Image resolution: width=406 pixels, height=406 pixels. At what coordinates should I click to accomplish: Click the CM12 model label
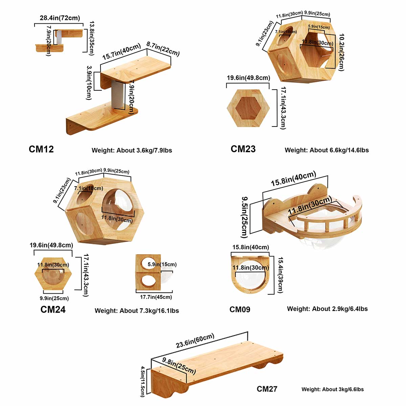pos(41,149)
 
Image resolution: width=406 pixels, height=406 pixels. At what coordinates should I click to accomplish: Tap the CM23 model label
pos(243,149)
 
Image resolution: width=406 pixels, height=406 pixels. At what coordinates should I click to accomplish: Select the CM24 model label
pos(53,309)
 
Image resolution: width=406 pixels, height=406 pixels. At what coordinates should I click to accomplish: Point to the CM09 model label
pos(240,309)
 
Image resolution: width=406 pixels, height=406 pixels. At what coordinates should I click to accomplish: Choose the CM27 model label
pos(267,389)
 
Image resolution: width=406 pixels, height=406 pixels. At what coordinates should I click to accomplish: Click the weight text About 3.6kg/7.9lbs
pos(132,150)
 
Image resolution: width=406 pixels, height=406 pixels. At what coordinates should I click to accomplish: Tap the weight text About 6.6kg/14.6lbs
pos(326,150)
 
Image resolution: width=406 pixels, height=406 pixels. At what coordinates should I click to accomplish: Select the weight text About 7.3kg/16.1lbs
pos(137,311)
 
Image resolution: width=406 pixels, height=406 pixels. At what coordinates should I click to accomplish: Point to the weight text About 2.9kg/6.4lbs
pos(327,309)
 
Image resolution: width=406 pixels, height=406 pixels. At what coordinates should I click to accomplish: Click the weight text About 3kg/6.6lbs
pos(333,389)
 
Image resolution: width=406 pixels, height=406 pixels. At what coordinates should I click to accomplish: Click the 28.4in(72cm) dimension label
pos(60,18)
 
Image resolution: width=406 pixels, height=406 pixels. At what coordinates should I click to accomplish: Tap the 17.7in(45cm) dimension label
pos(156,297)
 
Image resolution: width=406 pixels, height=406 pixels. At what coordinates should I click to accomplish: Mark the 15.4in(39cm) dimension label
pos(280,275)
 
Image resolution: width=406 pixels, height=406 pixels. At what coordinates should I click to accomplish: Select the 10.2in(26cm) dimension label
pos(341,52)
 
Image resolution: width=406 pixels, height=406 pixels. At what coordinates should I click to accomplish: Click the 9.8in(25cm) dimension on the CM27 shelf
pos(179,366)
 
